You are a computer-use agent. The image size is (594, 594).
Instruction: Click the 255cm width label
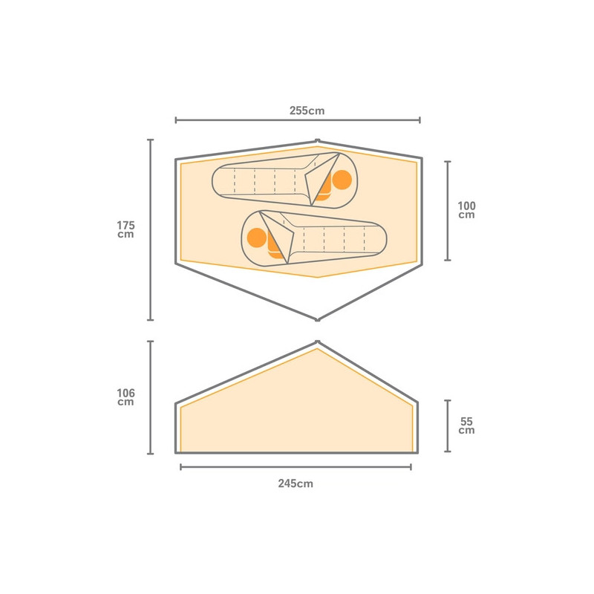pyautogui.click(x=307, y=111)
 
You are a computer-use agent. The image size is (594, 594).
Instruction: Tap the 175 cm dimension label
pyautogui.click(x=125, y=229)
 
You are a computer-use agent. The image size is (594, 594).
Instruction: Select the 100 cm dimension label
pyautogui.click(x=466, y=210)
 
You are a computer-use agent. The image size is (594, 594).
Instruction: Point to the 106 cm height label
pyautogui.click(x=125, y=397)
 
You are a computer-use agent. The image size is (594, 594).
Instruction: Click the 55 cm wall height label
pyautogui.click(x=466, y=425)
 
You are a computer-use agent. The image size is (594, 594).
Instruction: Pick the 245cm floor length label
pyautogui.click(x=296, y=483)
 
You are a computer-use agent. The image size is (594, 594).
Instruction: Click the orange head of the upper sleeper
pyautogui.click(x=342, y=180)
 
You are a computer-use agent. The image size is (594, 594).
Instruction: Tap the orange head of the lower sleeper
pyautogui.click(x=257, y=238)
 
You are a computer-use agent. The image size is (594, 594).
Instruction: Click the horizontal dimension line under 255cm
pyautogui.click(x=298, y=120)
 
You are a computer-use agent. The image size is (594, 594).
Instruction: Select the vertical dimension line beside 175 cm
pyautogui.click(x=151, y=229)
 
